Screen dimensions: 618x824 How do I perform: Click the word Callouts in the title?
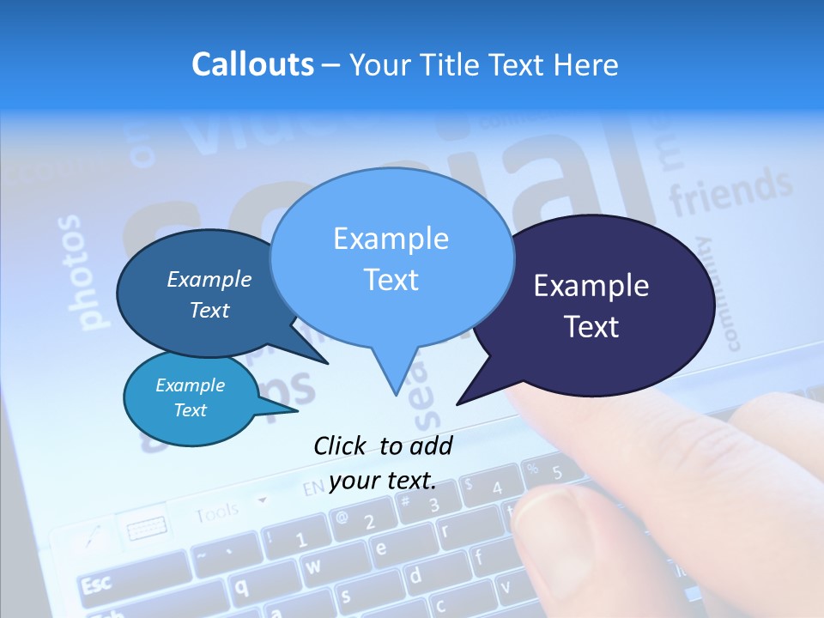click(x=252, y=65)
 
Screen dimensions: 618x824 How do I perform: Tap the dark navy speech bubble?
click(x=601, y=305)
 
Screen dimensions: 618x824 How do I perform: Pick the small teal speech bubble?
click(x=191, y=398)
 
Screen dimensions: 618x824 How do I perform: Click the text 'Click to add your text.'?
click(x=383, y=463)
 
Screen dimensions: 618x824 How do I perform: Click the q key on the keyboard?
click(x=242, y=587)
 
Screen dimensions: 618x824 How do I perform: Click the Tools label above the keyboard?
click(x=216, y=513)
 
